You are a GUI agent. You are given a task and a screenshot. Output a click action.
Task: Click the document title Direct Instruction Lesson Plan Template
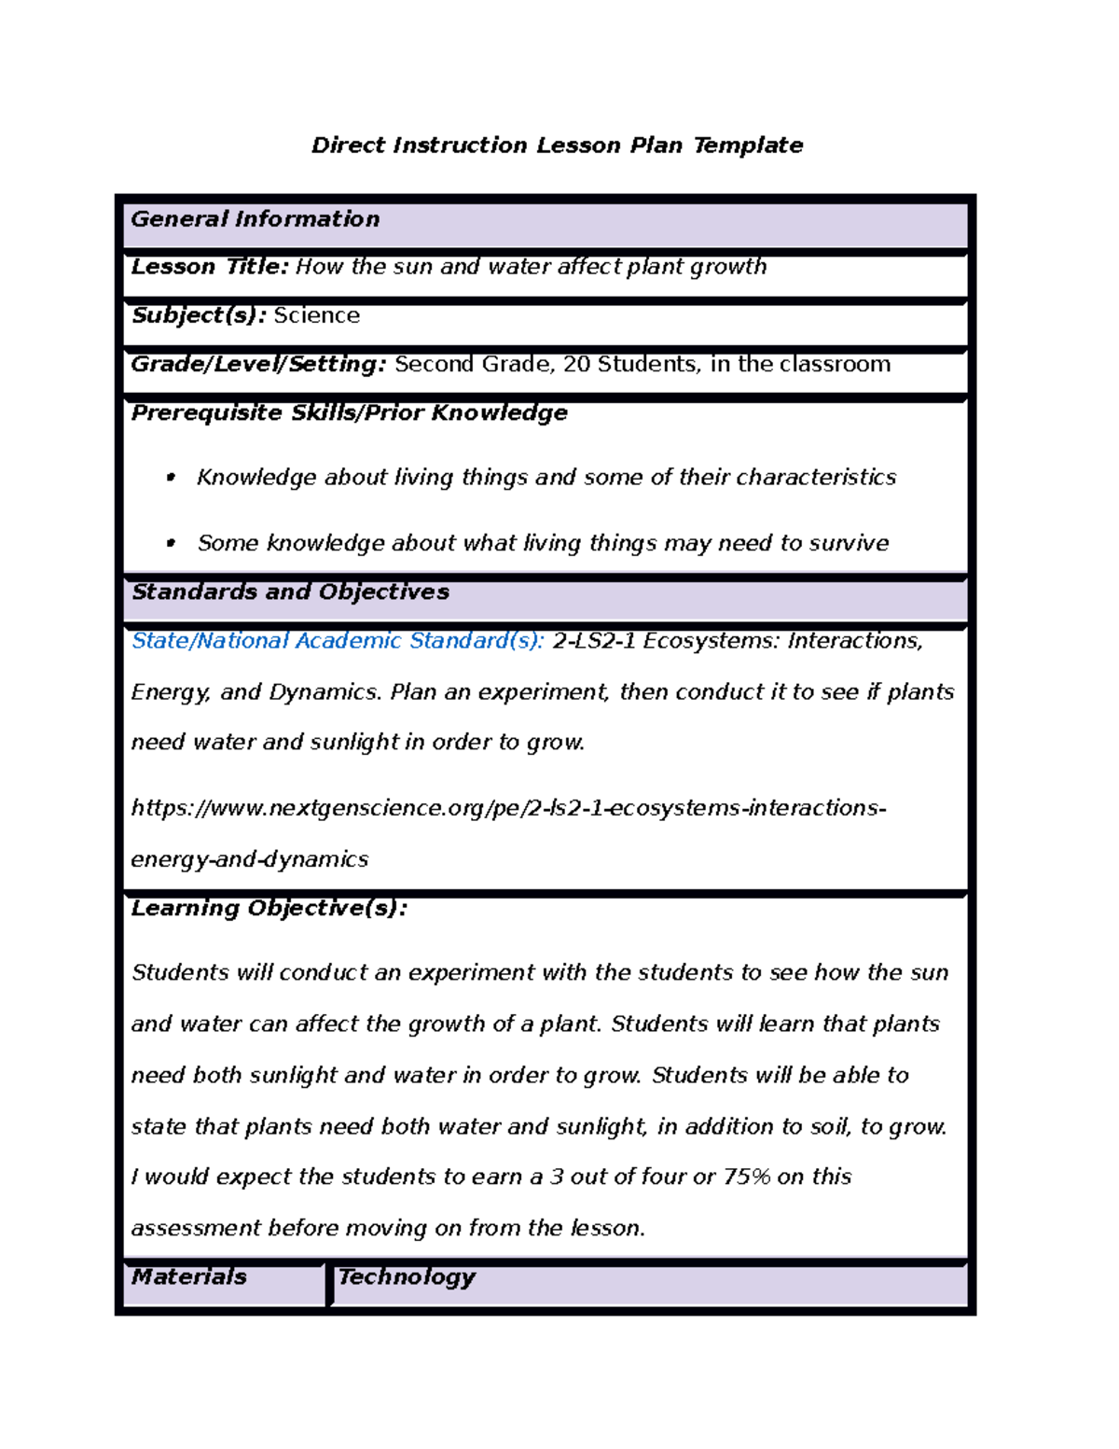(557, 146)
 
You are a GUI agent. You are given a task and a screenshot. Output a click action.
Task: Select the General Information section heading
(256, 219)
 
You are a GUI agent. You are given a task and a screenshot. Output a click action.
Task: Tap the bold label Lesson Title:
(210, 267)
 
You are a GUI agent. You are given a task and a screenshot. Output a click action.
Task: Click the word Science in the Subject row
(316, 315)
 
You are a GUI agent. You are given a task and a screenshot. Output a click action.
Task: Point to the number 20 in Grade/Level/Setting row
(576, 364)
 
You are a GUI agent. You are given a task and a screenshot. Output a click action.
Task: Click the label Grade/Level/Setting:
(258, 364)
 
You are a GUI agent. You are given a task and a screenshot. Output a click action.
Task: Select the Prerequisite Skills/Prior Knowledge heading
(349, 412)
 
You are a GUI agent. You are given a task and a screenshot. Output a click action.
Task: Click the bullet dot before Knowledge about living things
(171, 478)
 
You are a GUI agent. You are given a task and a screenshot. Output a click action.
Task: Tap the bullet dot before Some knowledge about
(171, 543)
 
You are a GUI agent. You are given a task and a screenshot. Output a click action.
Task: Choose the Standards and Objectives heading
(290, 592)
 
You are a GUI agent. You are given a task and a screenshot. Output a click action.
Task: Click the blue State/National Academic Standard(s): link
(338, 641)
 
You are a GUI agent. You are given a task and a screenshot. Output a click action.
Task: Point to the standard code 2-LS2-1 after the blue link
(594, 641)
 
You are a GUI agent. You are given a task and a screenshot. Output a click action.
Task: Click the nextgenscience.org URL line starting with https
(508, 808)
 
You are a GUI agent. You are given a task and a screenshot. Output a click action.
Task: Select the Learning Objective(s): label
(269, 908)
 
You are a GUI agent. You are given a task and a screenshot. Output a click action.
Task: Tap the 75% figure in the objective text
(746, 1177)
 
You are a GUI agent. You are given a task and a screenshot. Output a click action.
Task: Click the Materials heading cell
(189, 1276)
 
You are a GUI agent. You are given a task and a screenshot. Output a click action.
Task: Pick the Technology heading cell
(407, 1276)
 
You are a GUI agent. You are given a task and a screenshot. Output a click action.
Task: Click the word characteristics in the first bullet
(816, 478)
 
